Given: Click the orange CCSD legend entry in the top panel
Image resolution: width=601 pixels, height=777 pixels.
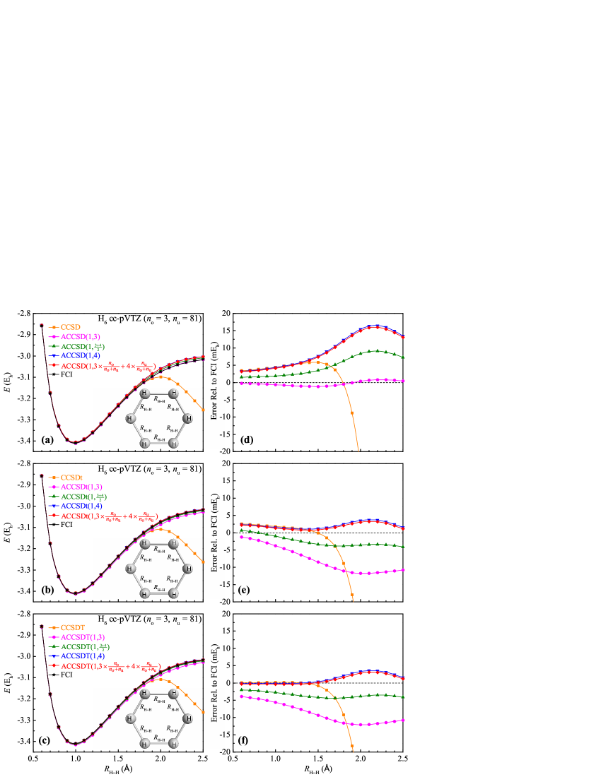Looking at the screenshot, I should [70, 327].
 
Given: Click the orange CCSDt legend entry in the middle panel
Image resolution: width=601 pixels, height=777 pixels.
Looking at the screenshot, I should [71, 478].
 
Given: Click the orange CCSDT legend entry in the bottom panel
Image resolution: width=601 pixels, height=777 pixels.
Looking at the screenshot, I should [73, 627].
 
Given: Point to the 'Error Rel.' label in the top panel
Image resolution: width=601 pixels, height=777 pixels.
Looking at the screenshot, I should [214, 403].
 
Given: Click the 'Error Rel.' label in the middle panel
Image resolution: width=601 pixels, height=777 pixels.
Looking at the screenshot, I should [214, 554].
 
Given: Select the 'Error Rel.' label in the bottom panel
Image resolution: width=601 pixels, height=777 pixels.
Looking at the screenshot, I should [214, 704].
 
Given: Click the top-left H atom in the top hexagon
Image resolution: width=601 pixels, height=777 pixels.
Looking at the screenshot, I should [144, 393].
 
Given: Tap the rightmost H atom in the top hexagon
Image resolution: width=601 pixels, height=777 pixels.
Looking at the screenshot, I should [187, 418].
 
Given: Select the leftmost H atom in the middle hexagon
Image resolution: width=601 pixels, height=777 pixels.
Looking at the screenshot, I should [130, 569].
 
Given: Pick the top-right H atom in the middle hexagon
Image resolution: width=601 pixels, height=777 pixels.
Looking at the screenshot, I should [173, 544].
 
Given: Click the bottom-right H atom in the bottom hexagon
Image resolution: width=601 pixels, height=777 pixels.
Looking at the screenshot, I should [173, 743].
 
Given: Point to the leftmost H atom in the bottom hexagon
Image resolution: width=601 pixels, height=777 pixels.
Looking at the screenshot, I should [130, 718].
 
